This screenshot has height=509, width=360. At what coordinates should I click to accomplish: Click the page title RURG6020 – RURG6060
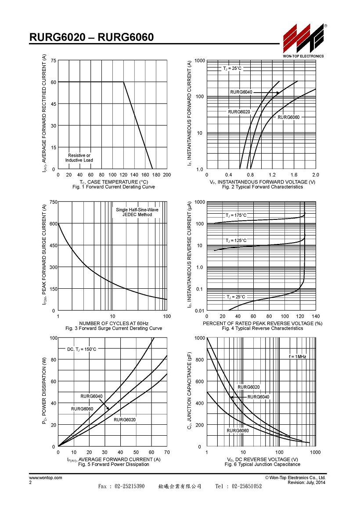(92, 37)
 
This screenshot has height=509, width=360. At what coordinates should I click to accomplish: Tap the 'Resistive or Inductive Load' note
(79, 158)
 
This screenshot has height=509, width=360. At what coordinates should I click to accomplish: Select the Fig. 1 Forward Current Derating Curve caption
(114, 187)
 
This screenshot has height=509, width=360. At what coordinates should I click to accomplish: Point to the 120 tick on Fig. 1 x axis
(123, 175)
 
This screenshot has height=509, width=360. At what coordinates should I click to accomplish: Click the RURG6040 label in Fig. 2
(241, 92)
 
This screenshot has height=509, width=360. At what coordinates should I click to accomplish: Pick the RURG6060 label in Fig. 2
(288, 117)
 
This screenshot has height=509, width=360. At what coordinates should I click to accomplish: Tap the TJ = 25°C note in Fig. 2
(232, 68)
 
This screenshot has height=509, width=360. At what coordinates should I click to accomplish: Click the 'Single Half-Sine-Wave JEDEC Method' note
(137, 212)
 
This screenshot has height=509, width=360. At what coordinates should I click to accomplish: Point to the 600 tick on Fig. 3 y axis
(53, 224)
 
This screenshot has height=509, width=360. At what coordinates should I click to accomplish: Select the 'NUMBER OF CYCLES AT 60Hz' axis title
(114, 323)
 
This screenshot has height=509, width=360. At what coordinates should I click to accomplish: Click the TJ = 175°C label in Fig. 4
(236, 215)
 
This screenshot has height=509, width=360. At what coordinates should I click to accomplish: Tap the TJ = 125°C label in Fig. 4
(236, 240)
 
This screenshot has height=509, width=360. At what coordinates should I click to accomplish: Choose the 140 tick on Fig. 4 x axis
(316, 316)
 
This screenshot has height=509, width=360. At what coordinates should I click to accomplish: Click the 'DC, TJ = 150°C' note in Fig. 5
(82, 349)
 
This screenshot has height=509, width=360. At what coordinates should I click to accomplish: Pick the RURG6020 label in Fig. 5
(125, 420)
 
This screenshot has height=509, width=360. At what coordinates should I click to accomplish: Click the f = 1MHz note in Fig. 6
(297, 356)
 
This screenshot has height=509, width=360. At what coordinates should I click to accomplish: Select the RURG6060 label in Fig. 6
(238, 431)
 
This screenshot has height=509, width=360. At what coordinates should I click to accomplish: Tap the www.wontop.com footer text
(46, 477)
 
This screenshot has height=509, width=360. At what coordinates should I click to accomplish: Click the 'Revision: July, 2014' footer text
(306, 482)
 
